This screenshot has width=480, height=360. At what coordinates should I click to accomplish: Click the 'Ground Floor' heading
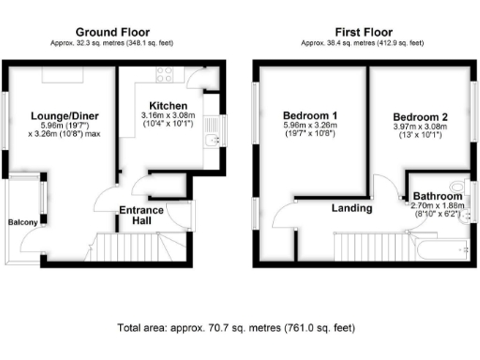tap(113, 31)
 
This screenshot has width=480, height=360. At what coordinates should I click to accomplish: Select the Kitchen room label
tap(168, 105)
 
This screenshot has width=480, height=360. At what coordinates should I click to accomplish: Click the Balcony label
tap(22, 222)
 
